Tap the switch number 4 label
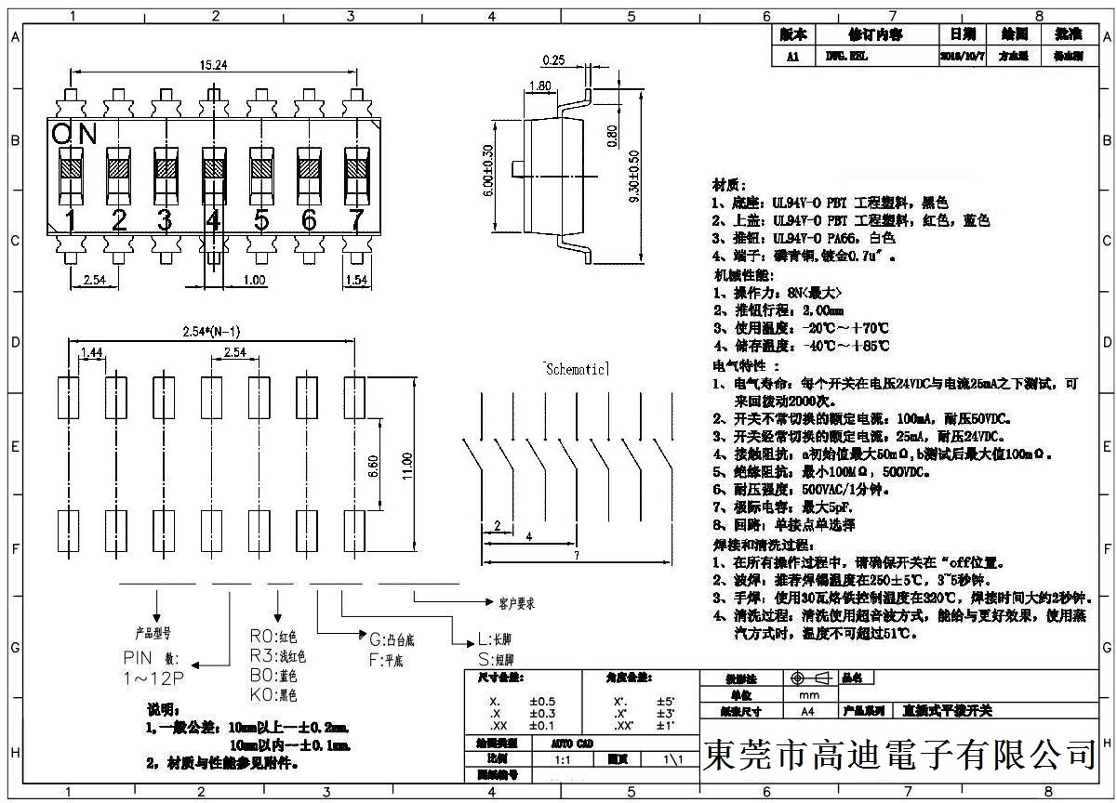214,221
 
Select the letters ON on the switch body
74,135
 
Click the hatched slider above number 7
356,167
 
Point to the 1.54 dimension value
356,280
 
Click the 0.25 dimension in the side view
553,60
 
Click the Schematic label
576,369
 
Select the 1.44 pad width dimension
91,352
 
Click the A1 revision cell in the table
792,56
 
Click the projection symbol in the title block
807,678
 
